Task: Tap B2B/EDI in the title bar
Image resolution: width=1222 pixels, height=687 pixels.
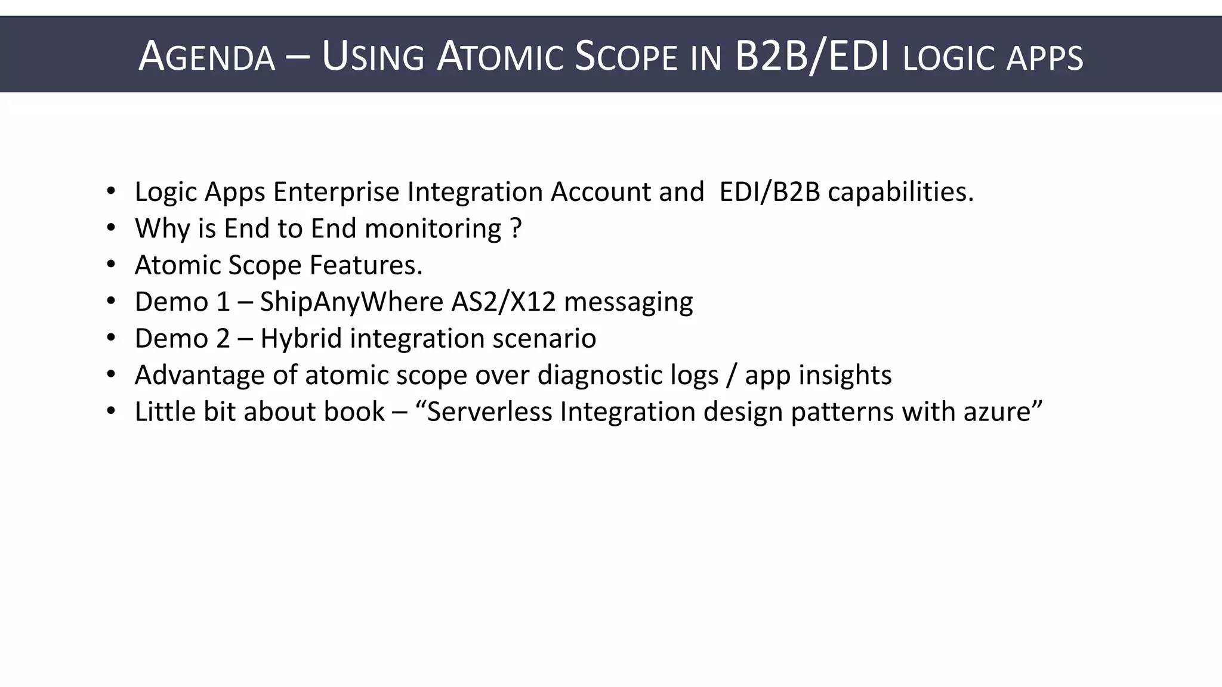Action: (813, 56)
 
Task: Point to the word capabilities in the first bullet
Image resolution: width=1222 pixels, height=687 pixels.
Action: (900, 192)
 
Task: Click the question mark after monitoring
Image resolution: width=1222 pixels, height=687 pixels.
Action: (517, 228)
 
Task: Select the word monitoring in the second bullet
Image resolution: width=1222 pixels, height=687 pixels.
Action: (433, 229)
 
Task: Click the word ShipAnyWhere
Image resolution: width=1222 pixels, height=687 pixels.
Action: (351, 302)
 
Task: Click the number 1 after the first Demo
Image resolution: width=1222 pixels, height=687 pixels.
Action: (223, 302)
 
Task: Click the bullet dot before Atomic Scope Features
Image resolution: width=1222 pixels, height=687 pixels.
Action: (110, 264)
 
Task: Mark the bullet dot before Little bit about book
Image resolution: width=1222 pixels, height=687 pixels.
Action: (110, 411)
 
